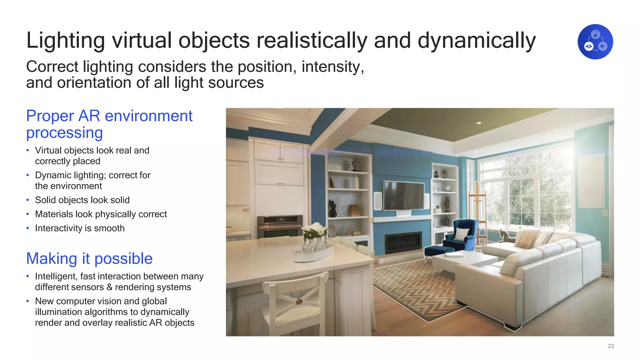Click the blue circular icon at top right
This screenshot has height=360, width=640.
(595, 42)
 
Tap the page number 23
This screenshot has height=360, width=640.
(611, 346)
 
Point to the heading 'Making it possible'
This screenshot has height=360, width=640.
(89, 258)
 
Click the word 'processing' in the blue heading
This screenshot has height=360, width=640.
(64, 133)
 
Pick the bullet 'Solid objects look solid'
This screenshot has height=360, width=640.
(82, 200)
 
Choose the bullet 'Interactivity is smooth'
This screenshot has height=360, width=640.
(80, 228)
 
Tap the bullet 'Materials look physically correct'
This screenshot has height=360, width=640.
(101, 214)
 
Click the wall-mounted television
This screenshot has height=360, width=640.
(404, 196)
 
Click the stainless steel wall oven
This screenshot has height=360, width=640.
(280, 226)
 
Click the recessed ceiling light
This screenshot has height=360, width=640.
(479, 123)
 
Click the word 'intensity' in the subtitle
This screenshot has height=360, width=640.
(331, 67)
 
